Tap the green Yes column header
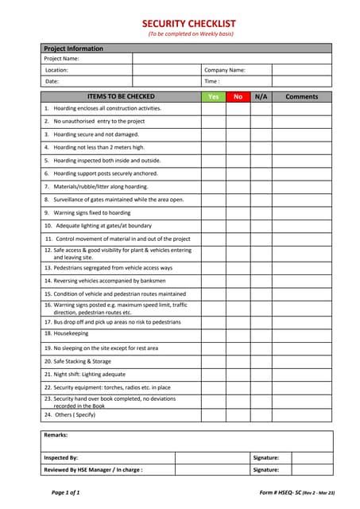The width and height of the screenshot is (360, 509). [x=213, y=96]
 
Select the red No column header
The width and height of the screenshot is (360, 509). [x=238, y=96]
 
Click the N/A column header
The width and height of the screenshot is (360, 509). [x=261, y=96]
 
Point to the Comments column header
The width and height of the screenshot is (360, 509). [x=302, y=96]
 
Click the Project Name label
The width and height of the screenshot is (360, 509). [x=61, y=58]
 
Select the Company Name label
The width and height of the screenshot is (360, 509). [x=225, y=70]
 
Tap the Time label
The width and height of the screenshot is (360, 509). [x=211, y=81]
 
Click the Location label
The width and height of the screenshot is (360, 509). [x=56, y=70]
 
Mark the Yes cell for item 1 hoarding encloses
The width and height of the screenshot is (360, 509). [x=213, y=108]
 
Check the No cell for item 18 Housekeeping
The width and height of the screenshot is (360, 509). [x=238, y=334]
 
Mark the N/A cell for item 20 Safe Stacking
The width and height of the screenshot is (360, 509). [x=261, y=361]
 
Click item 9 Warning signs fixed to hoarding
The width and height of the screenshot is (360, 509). [x=87, y=212]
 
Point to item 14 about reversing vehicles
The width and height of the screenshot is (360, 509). [x=105, y=280]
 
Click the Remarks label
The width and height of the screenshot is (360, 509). [x=56, y=435]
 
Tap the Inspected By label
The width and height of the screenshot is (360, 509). [x=60, y=457]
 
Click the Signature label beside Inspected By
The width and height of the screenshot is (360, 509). [x=265, y=457]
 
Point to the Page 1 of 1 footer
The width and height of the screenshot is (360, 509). [x=65, y=493]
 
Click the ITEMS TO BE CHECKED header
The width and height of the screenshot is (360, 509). [x=121, y=96]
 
